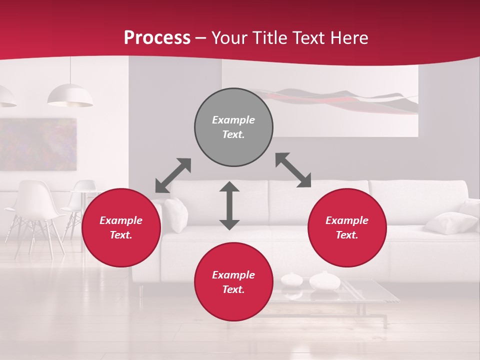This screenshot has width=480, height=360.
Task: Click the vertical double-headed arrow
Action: click(229, 205)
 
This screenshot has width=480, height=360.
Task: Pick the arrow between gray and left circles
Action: click(173, 175)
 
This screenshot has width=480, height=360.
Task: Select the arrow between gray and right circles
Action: click(293, 170)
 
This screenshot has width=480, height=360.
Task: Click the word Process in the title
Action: click(157, 37)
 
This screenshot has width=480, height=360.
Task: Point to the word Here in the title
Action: click(349, 38)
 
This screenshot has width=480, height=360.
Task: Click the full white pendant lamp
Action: click(70, 96)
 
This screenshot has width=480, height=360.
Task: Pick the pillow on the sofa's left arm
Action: click(175, 214)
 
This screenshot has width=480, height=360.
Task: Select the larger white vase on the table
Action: click(324, 281)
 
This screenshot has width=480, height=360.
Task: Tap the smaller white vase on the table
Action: click(291, 279)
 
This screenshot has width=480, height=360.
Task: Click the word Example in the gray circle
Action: click(233, 120)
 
